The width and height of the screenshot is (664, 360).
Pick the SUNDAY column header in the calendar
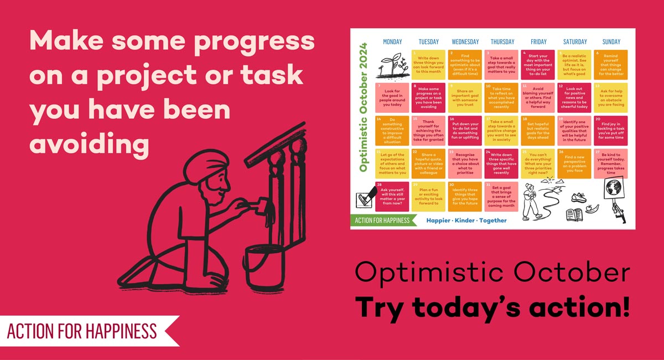click(x=611, y=41)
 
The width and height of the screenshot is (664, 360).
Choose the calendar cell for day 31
click(x=501, y=196)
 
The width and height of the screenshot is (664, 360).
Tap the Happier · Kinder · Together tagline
click(x=465, y=220)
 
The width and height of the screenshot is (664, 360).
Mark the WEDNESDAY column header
click(x=465, y=41)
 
